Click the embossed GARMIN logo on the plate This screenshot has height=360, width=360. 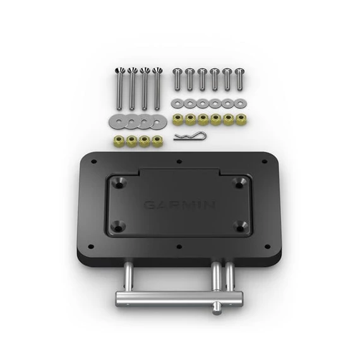(x=179, y=205)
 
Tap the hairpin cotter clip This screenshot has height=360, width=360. (x=186, y=137)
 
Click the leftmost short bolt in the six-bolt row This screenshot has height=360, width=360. (x=177, y=78)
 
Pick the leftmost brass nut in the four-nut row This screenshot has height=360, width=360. (x=118, y=141)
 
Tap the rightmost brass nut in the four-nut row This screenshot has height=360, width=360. (x=158, y=141)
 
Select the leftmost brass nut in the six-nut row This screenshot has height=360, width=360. (x=177, y=119)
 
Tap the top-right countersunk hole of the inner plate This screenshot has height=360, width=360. (x=239, y=183)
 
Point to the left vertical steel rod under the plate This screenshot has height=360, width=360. (x=128, y=276)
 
